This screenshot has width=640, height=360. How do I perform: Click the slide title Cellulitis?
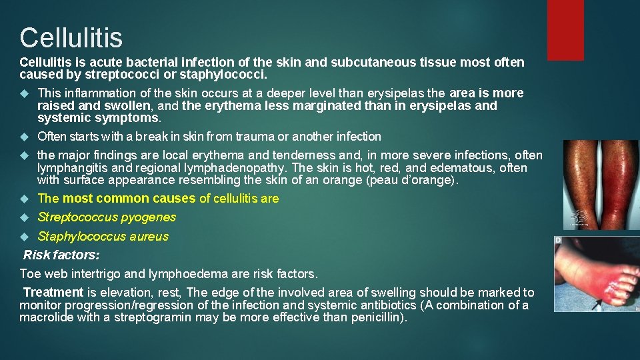pyautogui.click(x=71, y=37)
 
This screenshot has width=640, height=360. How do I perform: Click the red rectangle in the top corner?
pyautogui.click(x=565, y=29)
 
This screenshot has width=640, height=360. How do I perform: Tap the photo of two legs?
pyautogui.click(x=591, y=185)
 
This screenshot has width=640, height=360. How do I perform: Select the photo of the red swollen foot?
pyautogui.click(x=597, y=273)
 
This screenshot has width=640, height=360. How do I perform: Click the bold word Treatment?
pyautogui.click(x=53, y=293)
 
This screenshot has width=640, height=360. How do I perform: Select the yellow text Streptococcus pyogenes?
pyautogui.click(x=107, y=217)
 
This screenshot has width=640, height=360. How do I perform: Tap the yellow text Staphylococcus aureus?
pyautogui.click(x=103, y=236)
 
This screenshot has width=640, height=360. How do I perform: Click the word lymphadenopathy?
pyautogui.click(x=236, y=168)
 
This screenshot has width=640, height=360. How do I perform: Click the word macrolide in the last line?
pyautogui.click(x=46, y=317)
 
